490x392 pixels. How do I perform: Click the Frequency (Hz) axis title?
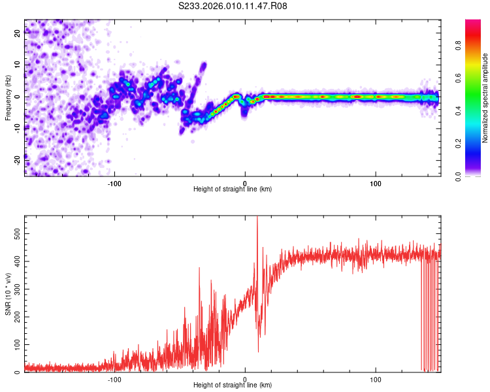[x=8, y=98]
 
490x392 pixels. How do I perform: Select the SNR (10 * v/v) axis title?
[x=8, y=294]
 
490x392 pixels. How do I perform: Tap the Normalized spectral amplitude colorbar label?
[x=485, y=98]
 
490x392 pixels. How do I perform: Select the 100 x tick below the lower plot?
[x=376, y=378]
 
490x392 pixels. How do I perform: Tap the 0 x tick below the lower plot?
[x=245, y=378]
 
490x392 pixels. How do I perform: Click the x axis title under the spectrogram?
[x=233, y=189]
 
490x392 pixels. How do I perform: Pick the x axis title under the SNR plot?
[x=233, y=385]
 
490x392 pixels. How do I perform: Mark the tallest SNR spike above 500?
[x=257, y=218]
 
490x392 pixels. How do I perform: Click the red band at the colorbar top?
[x=474, y=24]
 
